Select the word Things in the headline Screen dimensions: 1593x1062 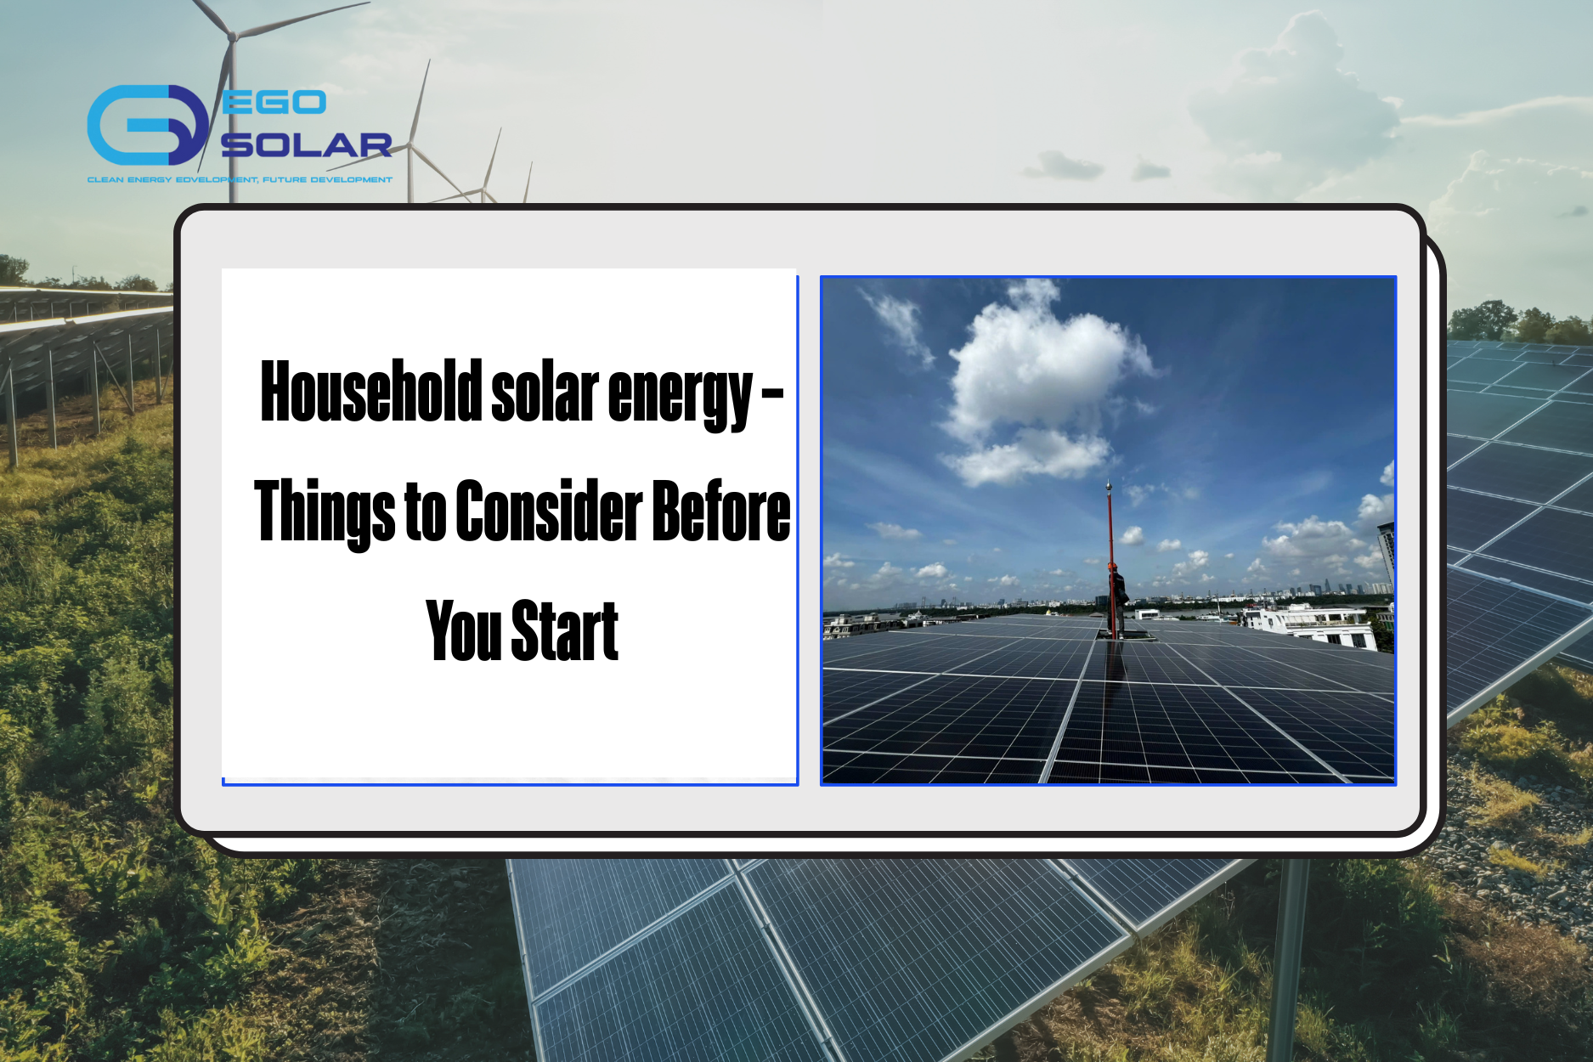pyautogui.click(x=325, y=511)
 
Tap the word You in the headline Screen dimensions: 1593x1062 pyautogui.click(x=464, y=630)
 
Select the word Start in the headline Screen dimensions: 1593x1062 pyautogui.click(x=565, y=630)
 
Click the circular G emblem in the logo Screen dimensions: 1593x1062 pyautogui.click(x=147, y=124)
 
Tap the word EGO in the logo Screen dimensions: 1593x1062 pyautogui.click(x=274, y=103)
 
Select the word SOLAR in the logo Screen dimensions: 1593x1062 pyautogui.click(x=307, y=145)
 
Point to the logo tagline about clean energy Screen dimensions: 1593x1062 pyautogui.click(x=240, y=180)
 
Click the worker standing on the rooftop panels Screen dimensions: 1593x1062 pyautogui.click(x=1118, y=602)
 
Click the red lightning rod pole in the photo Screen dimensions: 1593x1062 pyautogui.click(x=1110, y=556)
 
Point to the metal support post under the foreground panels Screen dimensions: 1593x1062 pyautogui.click(x=1287, y=960)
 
